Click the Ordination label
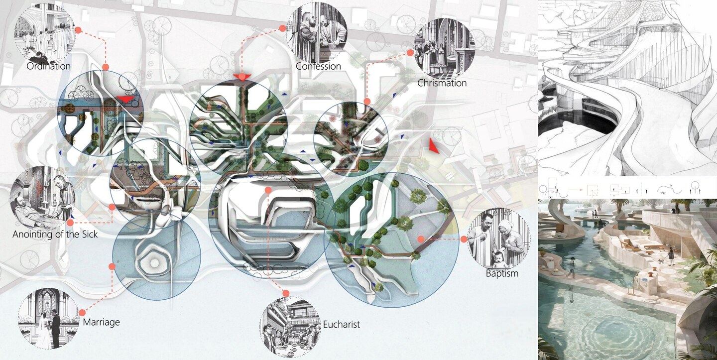(x=48, y=66)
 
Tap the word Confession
(x=318, y=66)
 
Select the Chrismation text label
(x=442, y=83)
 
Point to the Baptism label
(x=502, y=273)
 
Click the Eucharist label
(x=341, y=325)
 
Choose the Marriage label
(x=101, y=322)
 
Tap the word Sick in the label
(x=89, y=234)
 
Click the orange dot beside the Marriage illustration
(x=82, y=313)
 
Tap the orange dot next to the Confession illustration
(x=282, y=28)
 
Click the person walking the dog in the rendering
(x=671, y=255)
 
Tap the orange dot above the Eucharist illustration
(x=286, y=293)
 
